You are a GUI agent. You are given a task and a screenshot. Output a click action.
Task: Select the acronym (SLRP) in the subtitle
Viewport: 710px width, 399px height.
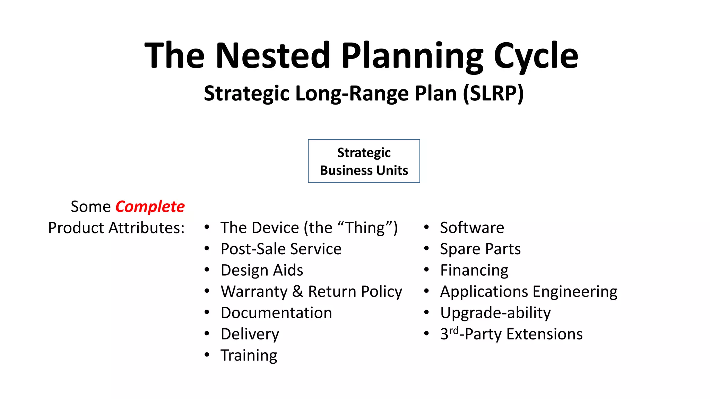[493, 94]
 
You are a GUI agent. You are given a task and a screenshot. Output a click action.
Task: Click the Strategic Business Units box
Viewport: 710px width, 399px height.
[364, 161]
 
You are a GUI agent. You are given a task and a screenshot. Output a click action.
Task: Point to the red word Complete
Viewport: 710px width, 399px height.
[150, 207]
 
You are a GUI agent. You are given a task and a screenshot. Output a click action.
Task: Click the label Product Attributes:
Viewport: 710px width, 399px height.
[116, 228]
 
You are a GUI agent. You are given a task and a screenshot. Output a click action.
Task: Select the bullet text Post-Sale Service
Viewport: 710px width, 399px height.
[281, 249]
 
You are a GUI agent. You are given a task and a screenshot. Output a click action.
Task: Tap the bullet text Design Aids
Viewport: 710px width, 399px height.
[262, 270]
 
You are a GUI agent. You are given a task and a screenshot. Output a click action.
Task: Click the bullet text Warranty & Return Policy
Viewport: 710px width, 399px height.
[311, 292]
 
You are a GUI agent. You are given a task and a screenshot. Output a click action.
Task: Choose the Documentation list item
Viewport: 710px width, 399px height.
[276, 313]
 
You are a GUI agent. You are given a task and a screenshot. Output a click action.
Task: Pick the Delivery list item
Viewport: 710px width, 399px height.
[250, 334]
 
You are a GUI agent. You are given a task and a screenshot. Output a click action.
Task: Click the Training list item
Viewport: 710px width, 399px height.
[249, 355]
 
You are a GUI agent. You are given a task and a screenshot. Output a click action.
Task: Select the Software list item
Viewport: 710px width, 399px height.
[472, 228]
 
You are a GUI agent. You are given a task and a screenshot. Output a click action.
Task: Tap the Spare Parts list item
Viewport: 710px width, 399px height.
[480, 249]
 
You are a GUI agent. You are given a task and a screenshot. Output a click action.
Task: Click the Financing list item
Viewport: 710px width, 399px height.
[474, 271]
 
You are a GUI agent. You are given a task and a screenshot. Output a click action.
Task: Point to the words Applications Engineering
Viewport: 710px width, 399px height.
[528, 292]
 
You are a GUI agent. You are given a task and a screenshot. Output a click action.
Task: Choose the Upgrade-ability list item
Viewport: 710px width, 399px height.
[495, 313]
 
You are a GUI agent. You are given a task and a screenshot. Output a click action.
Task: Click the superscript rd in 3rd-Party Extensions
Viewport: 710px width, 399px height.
[454, 330]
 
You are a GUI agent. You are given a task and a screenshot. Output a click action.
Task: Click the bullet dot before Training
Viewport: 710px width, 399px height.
[207, 355]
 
